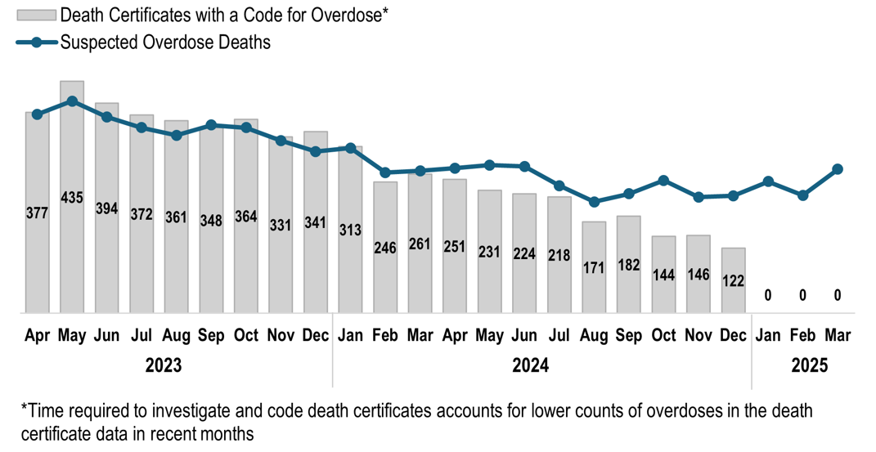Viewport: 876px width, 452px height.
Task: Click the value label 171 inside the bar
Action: tap(594, 267)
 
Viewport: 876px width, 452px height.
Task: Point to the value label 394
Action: tap(106, 208)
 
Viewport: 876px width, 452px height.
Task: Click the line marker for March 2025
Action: tap(838, 169)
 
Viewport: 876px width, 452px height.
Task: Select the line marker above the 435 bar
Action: tap(72, 101)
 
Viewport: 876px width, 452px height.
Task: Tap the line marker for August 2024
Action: tap(594, 201)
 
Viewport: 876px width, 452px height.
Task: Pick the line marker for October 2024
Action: tap(663, 180)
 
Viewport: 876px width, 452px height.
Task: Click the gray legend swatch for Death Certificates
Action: tap(36, 15)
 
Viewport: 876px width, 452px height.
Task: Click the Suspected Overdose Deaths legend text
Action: tap(164, 42)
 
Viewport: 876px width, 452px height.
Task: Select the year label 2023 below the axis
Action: tap(164, 365)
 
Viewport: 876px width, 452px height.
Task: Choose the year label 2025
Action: tap(809, 365)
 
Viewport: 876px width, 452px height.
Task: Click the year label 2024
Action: tap(530, 365)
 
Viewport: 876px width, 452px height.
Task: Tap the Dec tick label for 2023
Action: tap(315, 335)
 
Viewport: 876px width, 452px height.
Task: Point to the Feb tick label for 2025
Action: tap(802, 335)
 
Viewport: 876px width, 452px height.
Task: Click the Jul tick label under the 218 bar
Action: tap(559, 335)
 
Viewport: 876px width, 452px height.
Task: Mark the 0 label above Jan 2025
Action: tap(768, 295)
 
